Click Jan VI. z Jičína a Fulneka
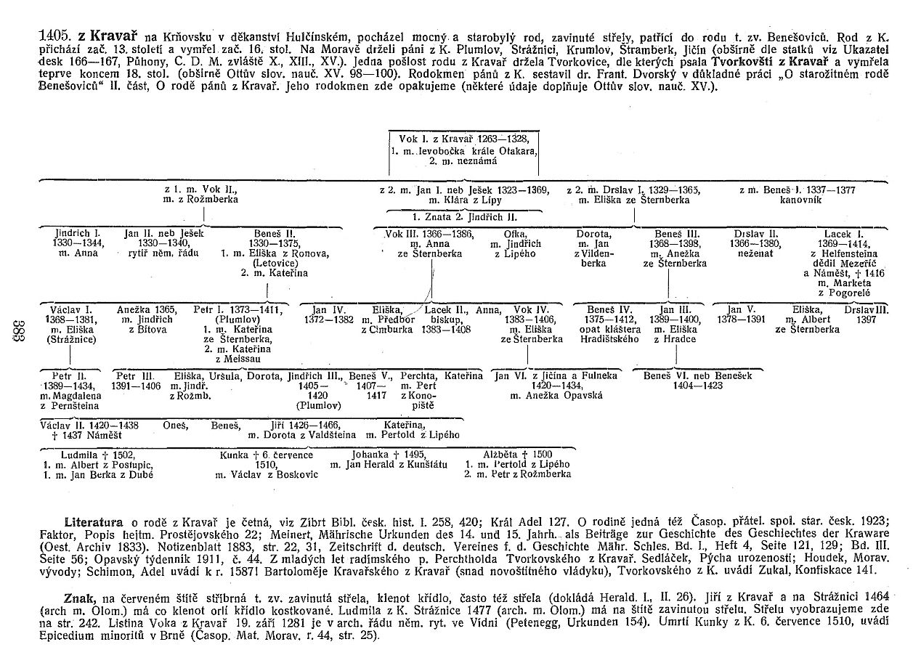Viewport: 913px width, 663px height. [x=555, y=376]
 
